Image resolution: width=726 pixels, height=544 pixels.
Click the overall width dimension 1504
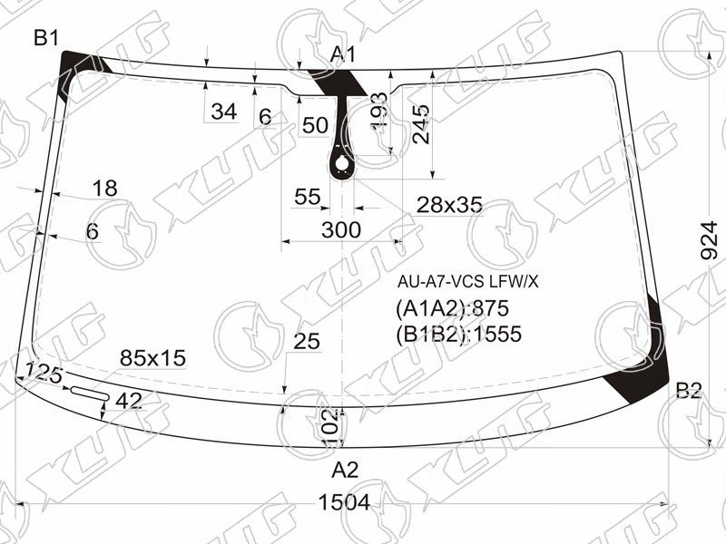[345, 502]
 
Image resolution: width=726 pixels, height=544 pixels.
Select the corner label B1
[46, 37]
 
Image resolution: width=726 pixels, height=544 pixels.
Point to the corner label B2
[689, 391]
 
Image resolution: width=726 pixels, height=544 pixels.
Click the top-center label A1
[343, 54]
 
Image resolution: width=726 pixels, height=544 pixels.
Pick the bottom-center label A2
[346, 470]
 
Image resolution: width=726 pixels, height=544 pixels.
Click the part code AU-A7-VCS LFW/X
[467, 281]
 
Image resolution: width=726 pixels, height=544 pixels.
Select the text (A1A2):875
[452, 308]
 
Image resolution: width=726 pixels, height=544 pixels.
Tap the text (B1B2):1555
[458, 334]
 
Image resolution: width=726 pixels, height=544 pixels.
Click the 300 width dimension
[341, 230]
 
